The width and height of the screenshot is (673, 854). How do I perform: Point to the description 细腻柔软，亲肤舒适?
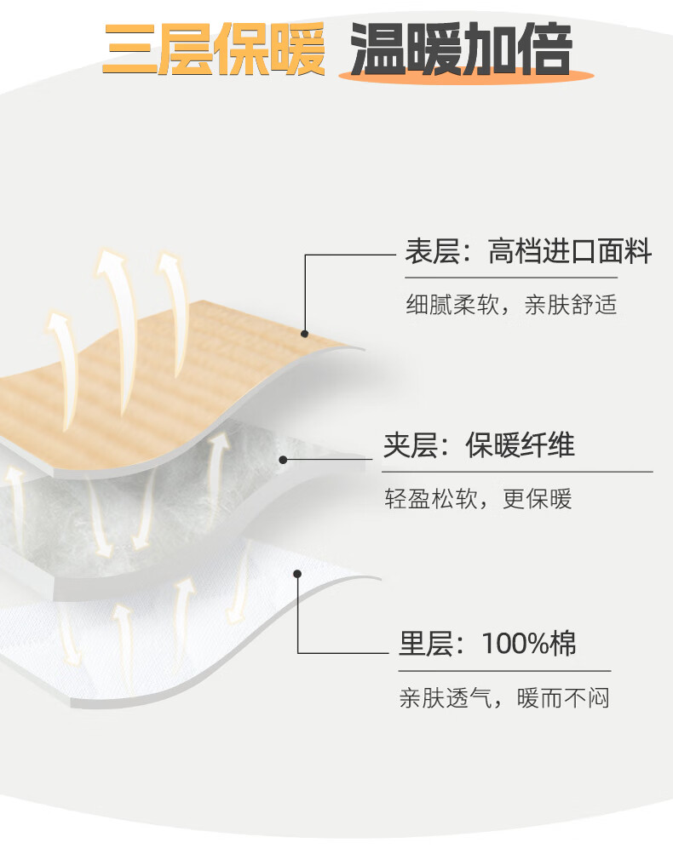pos(510,305)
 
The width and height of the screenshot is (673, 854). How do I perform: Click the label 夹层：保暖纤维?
pos(479,445)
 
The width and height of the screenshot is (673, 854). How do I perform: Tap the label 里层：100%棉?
pos(487,644)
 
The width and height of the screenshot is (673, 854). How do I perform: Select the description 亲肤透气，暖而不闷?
pos(504,699)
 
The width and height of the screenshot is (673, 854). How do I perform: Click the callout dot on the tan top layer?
pos(304,333)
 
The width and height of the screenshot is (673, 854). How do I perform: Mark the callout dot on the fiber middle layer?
pos(283,460)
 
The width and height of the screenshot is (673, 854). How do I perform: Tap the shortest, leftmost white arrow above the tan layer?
pos(60,358)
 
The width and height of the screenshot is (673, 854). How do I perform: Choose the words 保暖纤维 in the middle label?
pos(520,445)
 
